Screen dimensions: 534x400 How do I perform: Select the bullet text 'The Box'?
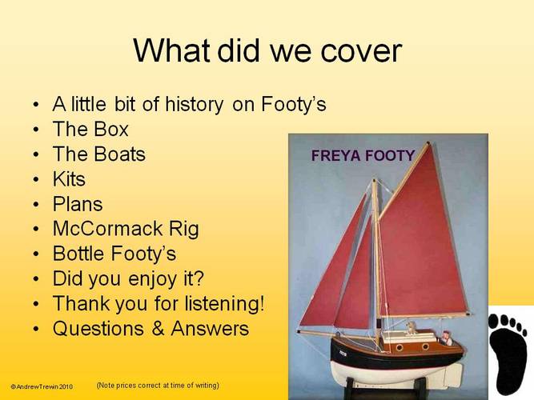(x=90, y=129)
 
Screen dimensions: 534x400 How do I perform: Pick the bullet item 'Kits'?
(x=69, y=178)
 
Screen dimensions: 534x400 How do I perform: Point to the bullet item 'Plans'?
(x=78, y=204)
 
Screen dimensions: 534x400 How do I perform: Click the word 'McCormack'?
(x=107, y=229)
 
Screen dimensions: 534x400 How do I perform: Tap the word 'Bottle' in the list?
(x=78, y=254)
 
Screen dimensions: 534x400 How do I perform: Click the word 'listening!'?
(x=224, y=303)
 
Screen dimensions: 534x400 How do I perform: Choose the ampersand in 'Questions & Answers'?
(x=157, y=329)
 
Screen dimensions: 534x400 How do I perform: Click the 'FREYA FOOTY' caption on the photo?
(x=363, y=155)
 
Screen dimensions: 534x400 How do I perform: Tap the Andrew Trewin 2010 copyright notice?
(x=42, y=386)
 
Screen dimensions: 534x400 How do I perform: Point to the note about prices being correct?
(x=158, y=386)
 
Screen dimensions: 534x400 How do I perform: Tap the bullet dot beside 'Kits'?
(x=37, y=179)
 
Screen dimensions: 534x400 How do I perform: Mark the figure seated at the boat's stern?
(x=447, y=338)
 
